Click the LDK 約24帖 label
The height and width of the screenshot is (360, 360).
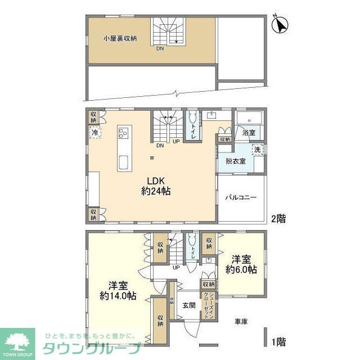click(155, 186)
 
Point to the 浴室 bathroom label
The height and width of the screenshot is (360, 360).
click(249, 133)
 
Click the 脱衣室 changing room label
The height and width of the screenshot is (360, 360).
click(235, 161)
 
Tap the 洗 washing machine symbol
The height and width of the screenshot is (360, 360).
click(257, 150)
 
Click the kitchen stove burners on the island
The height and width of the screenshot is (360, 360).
click(123, 134)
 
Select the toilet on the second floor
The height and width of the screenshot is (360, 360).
click(193, 121)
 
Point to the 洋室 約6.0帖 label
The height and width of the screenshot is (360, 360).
click(241, 264)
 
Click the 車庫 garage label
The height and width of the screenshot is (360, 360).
click(242, 321)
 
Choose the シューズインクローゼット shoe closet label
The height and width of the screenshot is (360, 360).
click(208, 307)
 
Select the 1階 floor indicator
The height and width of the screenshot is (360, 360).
click(278, 341)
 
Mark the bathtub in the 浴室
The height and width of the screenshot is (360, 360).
click(249, 119)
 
